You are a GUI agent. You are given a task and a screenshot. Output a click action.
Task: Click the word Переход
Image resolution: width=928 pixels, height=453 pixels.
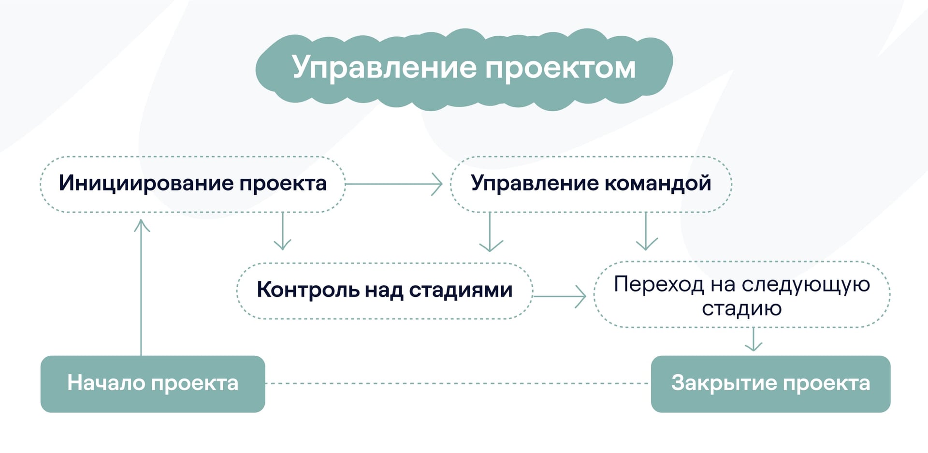(x=658, y=284)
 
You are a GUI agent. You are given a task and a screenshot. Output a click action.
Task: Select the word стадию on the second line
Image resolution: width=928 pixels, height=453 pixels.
(x=741, y=308)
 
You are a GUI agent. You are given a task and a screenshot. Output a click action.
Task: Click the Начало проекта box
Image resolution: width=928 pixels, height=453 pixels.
(x=153, y=384)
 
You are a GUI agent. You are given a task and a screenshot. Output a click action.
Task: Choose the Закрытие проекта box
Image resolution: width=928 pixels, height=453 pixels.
(x=770, y=384)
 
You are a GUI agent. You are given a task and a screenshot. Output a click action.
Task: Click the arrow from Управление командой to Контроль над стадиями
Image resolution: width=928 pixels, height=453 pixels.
(x=490, y=232)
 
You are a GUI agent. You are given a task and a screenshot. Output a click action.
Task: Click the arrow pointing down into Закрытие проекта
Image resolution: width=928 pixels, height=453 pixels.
(x=754, y=339)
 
